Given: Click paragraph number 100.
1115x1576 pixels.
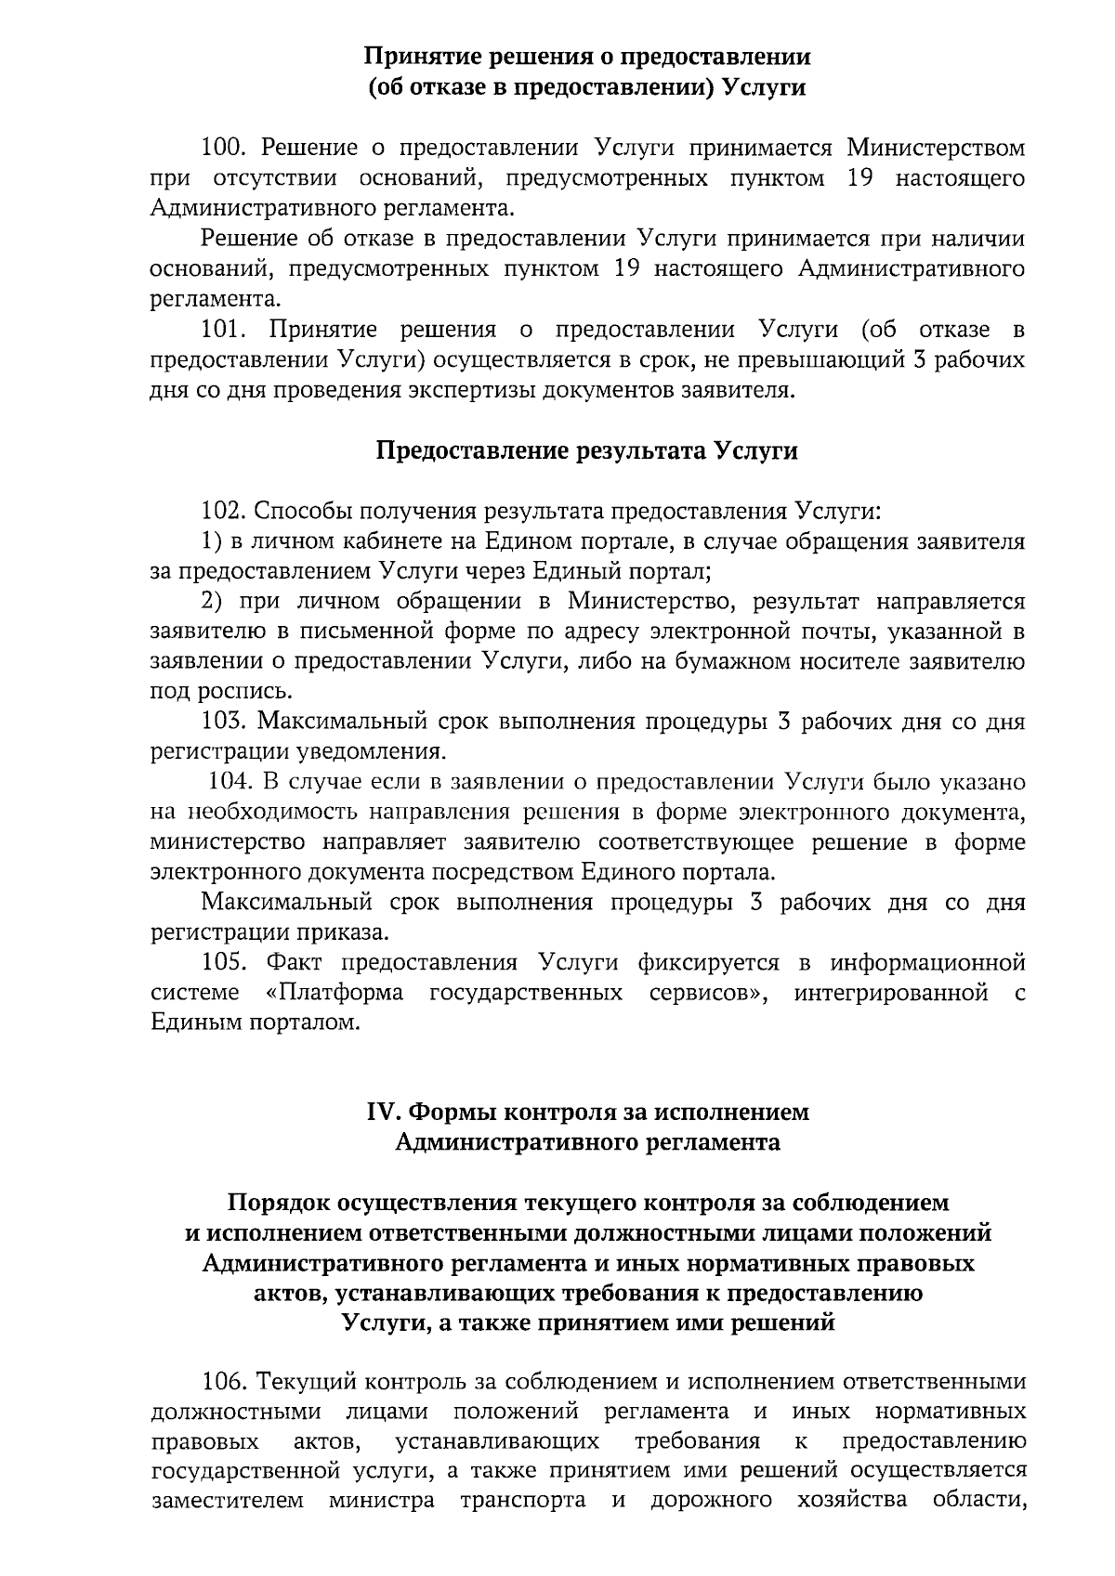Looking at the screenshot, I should [222, 148].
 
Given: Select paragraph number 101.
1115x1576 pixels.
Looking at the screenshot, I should [223, 330].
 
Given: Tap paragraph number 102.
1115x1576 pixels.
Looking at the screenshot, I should [223, 511].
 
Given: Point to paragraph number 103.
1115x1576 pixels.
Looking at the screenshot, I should [223, 722].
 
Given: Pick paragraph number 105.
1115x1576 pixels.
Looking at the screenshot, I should [223, 962].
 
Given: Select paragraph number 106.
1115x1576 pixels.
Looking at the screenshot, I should [223, 1382].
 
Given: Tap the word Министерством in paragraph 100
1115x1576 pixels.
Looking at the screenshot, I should [936, 148].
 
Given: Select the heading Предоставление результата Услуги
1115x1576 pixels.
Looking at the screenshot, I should [587, 450].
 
